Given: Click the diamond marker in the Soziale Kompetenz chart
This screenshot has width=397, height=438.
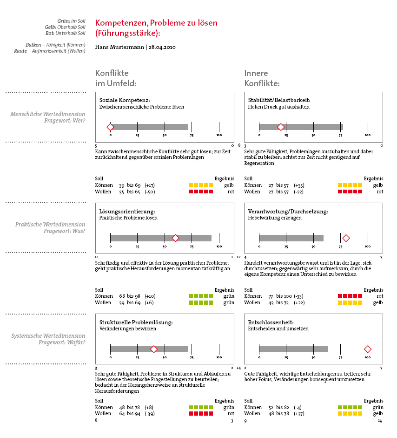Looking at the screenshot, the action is coord(110,127).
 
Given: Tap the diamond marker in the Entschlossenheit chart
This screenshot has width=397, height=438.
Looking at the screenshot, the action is coord(368,349).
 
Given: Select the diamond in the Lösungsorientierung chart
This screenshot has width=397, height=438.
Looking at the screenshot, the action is coord(176,238).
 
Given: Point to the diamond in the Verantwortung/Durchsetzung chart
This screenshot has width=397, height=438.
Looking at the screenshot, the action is coord(346,238).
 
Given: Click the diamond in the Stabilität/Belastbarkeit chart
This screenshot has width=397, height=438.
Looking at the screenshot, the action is coord(281,127).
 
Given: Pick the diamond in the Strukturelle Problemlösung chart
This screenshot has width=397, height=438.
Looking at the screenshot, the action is coord(154,349).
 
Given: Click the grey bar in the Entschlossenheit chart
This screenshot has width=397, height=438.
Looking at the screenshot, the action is coord(294,349).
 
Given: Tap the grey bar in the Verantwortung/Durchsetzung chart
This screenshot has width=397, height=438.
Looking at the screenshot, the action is coord(291,238).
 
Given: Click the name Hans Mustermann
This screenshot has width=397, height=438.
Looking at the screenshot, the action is coord(119,47).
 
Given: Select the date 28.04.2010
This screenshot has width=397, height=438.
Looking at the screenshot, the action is coord(162,47).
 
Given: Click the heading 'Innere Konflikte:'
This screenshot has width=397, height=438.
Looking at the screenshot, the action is coord(262,78).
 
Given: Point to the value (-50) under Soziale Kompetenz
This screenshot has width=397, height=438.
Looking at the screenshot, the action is coord(150,192).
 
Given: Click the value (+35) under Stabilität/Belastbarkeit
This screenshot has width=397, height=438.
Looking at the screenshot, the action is coord(299,185).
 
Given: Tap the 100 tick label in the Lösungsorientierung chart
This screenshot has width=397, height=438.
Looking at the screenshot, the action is coord(219,246).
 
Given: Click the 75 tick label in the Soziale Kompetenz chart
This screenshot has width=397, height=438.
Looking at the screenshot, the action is coord(192,136).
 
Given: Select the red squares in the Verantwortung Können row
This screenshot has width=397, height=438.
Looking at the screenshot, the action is coord(350,296).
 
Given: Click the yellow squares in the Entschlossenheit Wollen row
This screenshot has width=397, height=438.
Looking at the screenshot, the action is coord(350,414).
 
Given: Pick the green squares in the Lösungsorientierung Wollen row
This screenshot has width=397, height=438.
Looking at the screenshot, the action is coord(201,302).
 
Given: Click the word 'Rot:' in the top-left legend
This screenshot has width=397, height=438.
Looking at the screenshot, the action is coord(50,33).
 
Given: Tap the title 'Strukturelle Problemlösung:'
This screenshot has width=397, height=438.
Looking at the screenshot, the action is coord(136,322).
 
